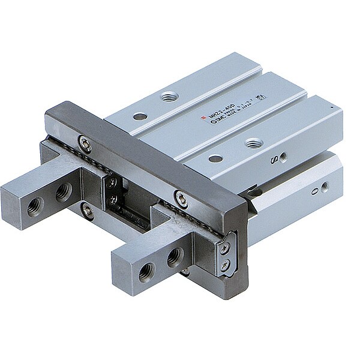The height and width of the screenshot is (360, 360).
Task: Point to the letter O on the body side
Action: point(313,193)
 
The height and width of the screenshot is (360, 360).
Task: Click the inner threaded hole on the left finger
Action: point(63,193)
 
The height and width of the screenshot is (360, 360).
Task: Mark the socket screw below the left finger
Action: point(88,208)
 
